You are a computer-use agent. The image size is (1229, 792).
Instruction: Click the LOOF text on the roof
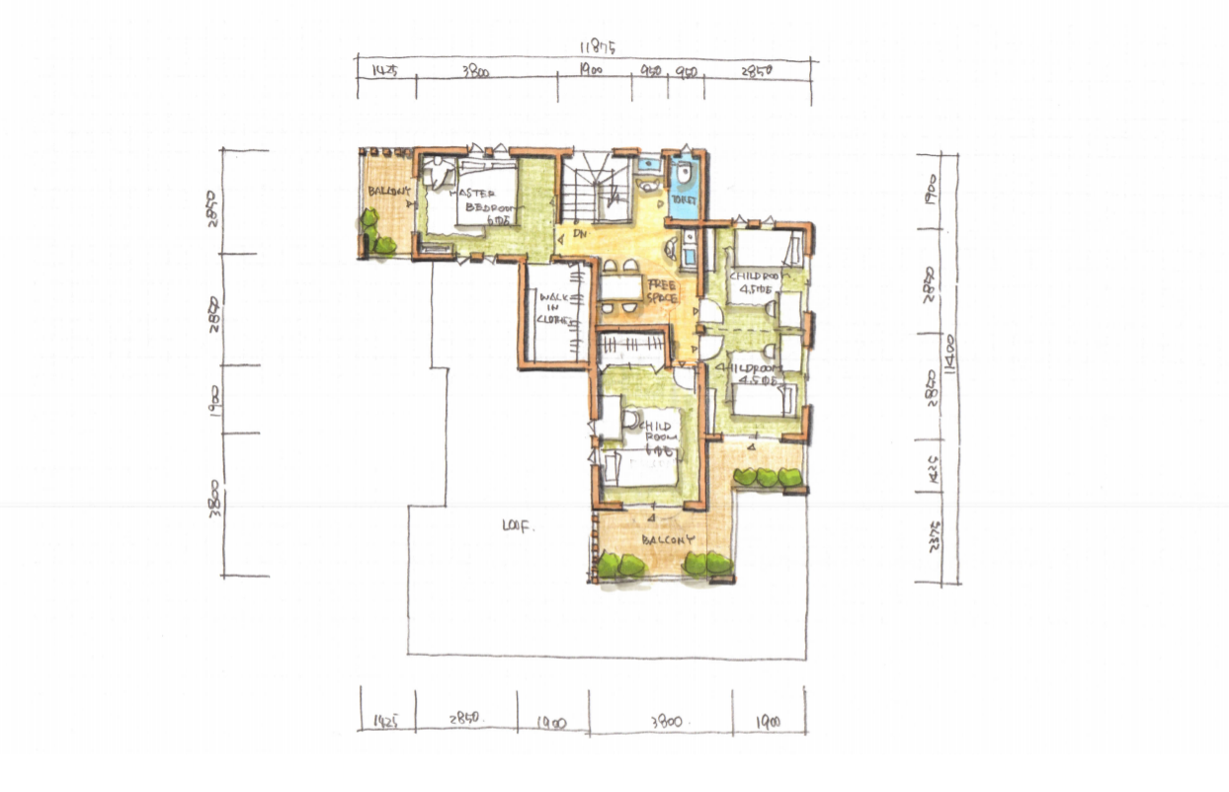pos(518,527)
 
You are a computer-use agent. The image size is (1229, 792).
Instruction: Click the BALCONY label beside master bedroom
pos(387,191)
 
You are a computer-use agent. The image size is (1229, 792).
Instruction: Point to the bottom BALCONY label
pos(669,541)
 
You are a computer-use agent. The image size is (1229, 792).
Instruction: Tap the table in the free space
pos(621,287)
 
